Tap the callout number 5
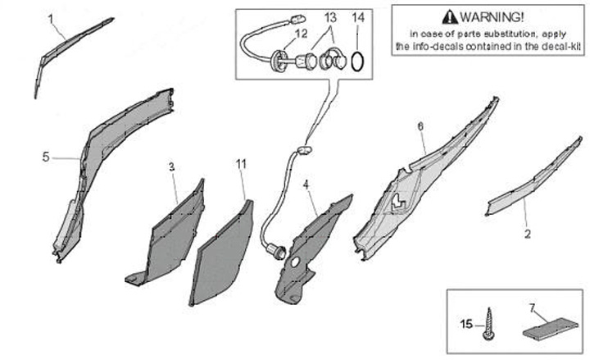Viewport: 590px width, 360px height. pyautogui.click(x=47, y=155)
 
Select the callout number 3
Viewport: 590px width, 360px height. pyautogui.click(x=172, y=166)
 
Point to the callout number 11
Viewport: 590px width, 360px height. pyautogui.click(x=241, y=164)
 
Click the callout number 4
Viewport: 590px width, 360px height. pyautogui.click(x=306, y=185)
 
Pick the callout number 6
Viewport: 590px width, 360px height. pyautogui.click(x=420, y=126)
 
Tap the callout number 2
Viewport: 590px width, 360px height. pyautogui.click(x=528, y=233)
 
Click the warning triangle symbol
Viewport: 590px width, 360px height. pyautogui.click(x=447, y=16)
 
